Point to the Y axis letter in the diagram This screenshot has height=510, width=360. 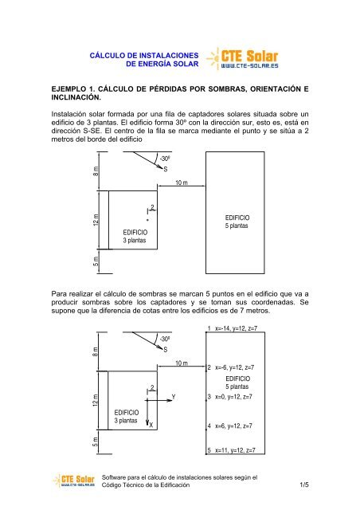pyautogui.click(x=173, y=396)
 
